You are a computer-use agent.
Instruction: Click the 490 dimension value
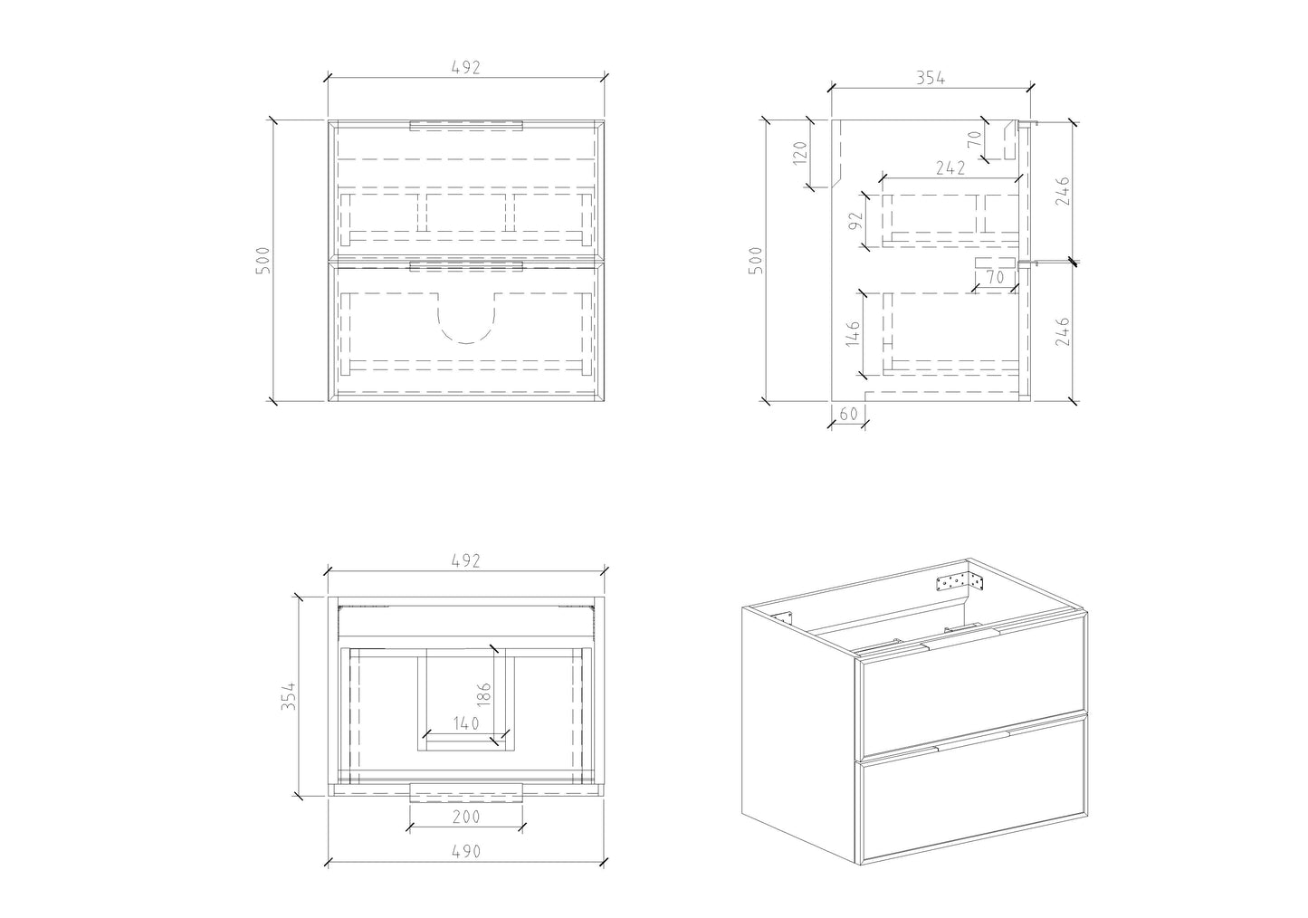(466, 851)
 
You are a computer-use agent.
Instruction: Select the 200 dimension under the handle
(466, 817)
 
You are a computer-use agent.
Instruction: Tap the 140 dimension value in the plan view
(466, 723)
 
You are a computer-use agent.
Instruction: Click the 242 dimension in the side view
(950, 168)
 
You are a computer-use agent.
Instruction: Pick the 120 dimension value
(800, 153)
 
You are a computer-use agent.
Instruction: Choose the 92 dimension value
(855, 221)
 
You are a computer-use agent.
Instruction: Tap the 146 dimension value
(853, 333)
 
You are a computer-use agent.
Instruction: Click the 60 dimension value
(848, 414)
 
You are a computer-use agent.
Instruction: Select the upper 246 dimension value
(1063, 191)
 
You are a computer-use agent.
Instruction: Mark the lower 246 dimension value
(1063, 331)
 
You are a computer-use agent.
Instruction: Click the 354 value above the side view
(931, 78)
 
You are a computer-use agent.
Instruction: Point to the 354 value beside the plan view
(289, 696)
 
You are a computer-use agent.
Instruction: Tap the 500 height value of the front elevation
(263, 261)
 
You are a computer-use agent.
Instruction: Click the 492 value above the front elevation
(466, 68)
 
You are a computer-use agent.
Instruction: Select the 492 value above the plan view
(466, 560)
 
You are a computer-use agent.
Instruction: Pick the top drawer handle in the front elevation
(466, 126)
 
